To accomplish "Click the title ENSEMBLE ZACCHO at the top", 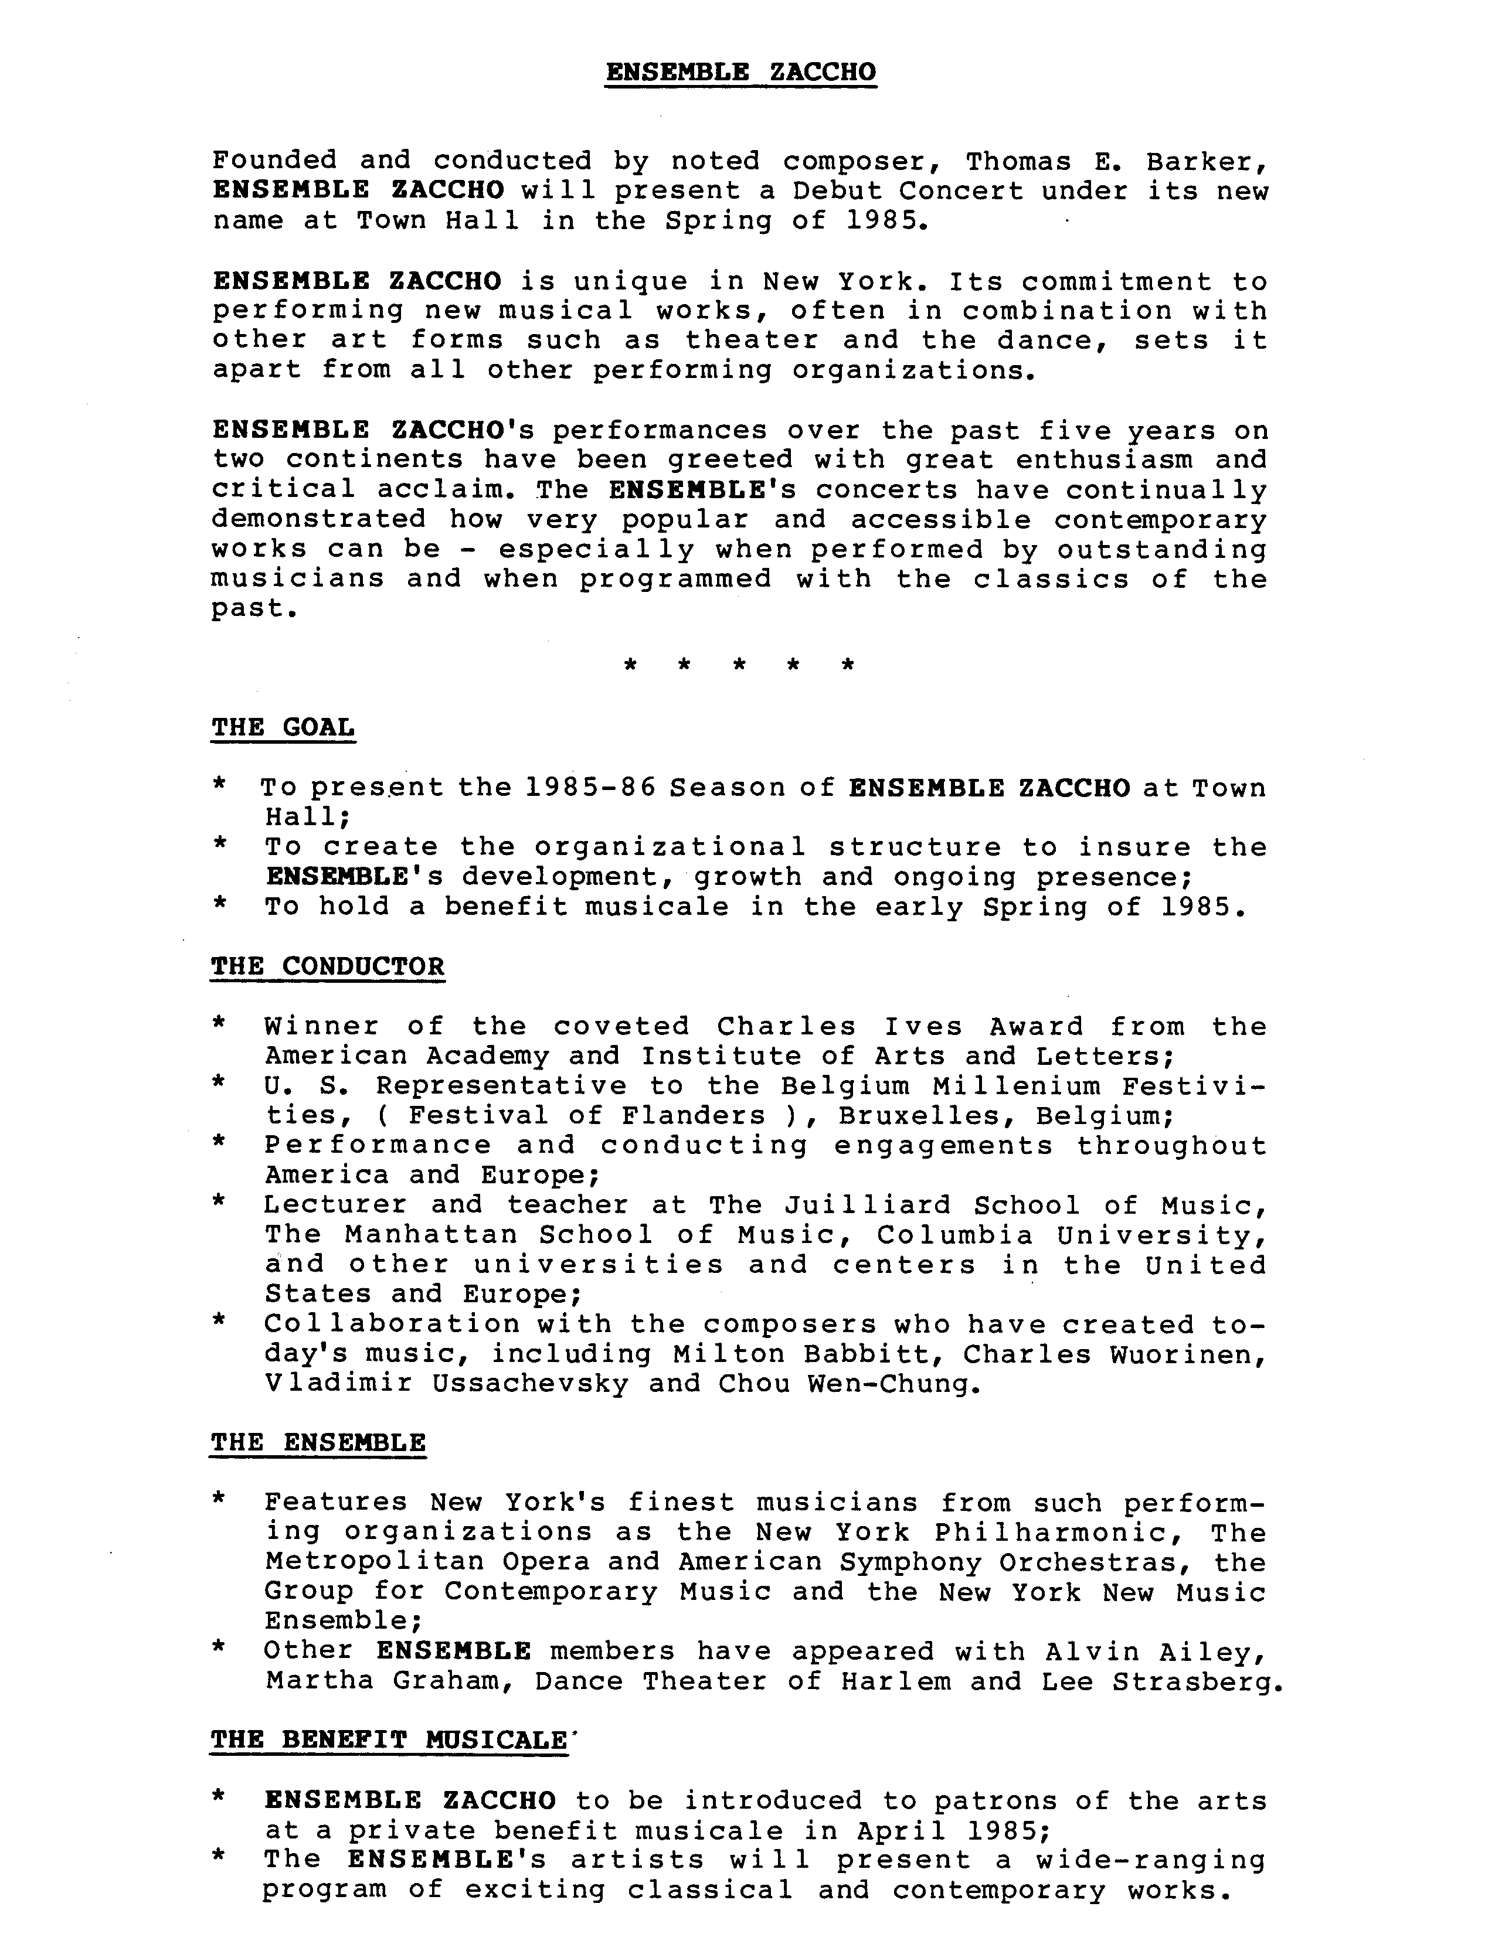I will pos(740,71).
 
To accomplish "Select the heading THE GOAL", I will pos(283,727).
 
